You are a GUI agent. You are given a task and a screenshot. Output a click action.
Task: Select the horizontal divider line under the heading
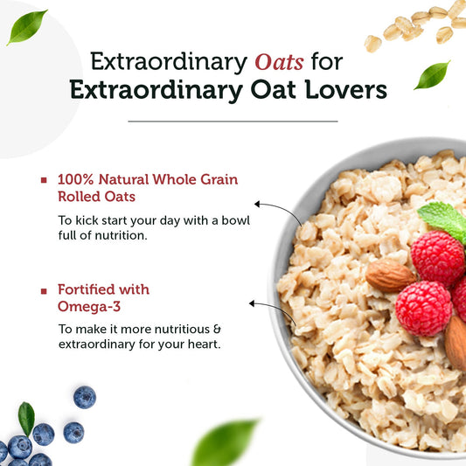click(x=233, y=121)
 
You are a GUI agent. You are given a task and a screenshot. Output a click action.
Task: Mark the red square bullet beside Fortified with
click(x=44, y=290)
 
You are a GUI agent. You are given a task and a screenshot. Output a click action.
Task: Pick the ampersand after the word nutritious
click(x=218, y=329)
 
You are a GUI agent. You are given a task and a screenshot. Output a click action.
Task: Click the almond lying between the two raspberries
click(x=389, y=276)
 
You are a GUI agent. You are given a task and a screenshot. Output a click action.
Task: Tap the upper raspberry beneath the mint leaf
click(x=437, y=258)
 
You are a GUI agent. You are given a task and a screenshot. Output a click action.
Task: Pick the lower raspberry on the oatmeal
click(x=423, y=308)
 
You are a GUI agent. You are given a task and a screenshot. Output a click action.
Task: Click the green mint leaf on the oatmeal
click(x=444, y=219)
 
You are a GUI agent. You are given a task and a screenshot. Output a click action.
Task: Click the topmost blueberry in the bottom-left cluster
click(x=85, y=397)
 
